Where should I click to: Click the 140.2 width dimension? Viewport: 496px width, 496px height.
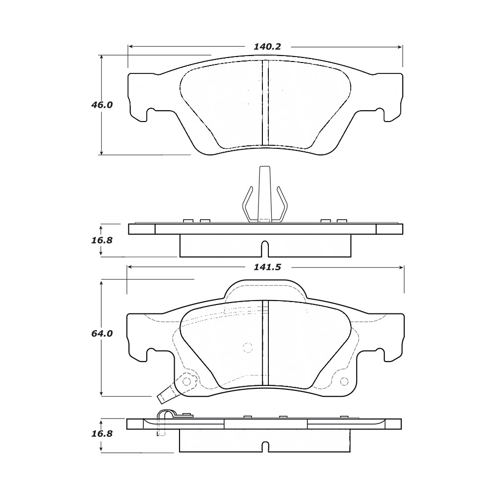267,47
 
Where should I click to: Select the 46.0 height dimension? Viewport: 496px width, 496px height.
102,105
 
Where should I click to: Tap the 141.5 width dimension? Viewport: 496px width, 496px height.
267,267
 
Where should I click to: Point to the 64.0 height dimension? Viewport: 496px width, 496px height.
102,333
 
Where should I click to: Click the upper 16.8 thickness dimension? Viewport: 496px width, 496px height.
102,241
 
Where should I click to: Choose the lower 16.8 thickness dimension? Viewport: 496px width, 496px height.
102,434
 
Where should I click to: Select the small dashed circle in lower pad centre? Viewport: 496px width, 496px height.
248,347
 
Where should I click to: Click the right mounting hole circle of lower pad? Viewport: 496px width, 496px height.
344,382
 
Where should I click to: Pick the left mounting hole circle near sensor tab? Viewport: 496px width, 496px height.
187,381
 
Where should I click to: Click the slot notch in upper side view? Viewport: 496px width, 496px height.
265,249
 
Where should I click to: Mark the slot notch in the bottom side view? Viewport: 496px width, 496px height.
265,446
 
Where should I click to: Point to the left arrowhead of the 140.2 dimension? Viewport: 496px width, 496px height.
130,47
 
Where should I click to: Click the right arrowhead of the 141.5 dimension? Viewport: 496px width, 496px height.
402,267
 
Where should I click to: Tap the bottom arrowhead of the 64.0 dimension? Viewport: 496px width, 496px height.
102,393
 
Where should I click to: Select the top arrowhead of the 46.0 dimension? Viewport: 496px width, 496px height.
102,58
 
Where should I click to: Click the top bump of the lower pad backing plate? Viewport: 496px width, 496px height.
265,289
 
